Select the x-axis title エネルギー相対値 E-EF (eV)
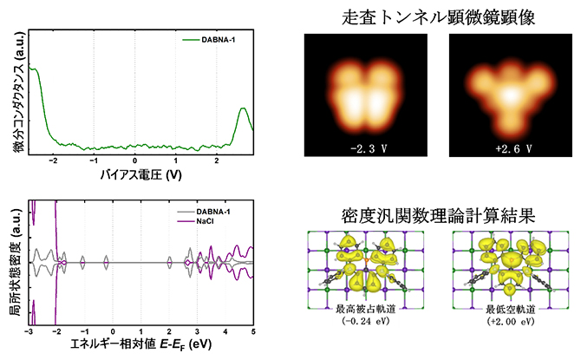pyautogui.click(x=140, y=345)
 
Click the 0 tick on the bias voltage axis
pyautogui.click(x=135, y=160)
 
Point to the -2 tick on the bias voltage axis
pyautogui.click(x=54, y=160)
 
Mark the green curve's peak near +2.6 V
pyautogui.click(x=243, y=108)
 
